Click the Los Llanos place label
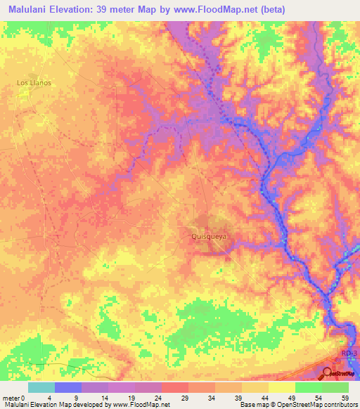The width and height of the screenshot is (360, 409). click(x=34, y=82)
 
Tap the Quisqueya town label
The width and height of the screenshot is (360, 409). click(x=210, y=237)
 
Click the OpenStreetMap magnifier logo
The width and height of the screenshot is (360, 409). click(x=328, y=373)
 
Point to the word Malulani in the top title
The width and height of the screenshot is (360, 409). click(x=27, y=9)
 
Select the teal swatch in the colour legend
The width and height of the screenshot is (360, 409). click(x=41, y=387)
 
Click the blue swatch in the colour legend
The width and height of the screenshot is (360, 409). click(x=68, y=387)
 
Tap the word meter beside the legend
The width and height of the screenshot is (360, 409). click(x=10, y=397)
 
